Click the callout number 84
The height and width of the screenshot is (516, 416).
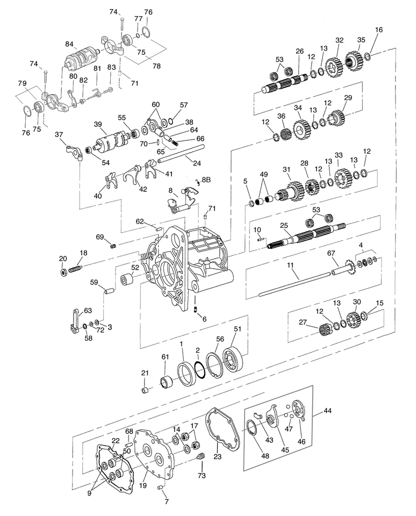pos(69,44)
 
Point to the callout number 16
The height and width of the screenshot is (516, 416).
pos(379,30)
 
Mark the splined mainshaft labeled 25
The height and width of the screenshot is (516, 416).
pos(306,234)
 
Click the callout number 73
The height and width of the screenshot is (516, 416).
pos(202,475)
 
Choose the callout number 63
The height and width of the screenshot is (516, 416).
pos(88,310)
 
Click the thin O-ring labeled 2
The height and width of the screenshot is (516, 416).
pos(199,371)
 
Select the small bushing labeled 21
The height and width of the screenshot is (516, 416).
pos(144,390)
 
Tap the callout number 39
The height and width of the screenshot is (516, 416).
pos(97,124)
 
